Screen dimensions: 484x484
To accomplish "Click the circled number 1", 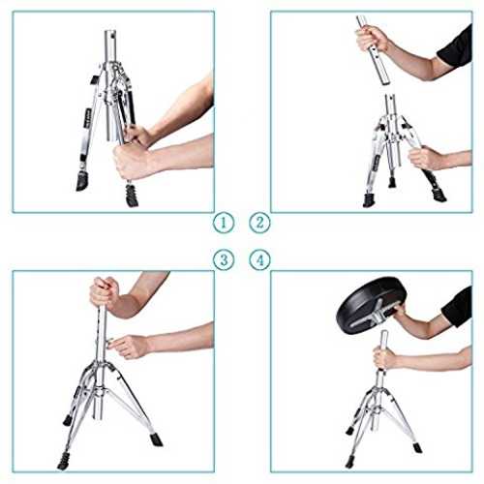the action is (x=224, y=223).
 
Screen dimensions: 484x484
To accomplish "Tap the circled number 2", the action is (x=259, y=223).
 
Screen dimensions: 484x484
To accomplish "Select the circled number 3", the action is (x=224, y=259).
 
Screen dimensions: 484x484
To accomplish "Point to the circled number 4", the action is (x=259, y=259).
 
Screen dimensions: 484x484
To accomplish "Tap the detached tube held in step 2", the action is (x=374, y=51).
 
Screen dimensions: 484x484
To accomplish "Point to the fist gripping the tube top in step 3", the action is (x=105, y=291).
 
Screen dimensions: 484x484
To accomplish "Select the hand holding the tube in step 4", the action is (x=384, y=357).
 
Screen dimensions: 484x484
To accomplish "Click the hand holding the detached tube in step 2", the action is (x=371, y=39).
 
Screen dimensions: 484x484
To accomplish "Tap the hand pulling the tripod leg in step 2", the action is (x=424, y=158).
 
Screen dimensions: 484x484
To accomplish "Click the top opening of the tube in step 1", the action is (x=110, y=31).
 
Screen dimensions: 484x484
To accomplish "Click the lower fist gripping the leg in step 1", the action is (x=131, y=162).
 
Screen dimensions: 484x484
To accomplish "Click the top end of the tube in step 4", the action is (x=384, y=332).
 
